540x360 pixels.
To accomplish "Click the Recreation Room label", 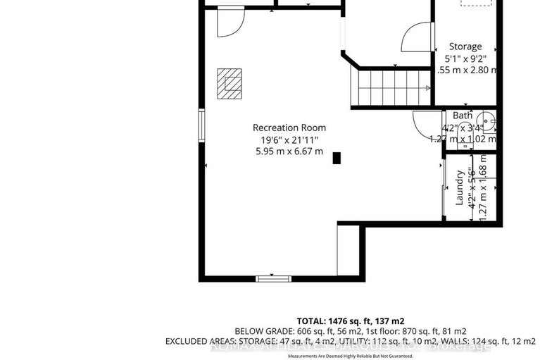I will coord(289,128).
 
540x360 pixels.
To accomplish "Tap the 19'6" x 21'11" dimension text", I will coord(289,139).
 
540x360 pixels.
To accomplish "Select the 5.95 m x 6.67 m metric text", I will coord(289,151).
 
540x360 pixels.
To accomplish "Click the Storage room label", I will coord(465,46).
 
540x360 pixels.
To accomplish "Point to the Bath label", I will coord(463,116).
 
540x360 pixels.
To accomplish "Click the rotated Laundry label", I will coord(459,187).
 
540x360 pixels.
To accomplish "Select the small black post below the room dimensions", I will coord(337,158).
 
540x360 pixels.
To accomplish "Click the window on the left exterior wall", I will coord(202,125).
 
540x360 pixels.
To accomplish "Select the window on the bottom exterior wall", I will coord(273,279).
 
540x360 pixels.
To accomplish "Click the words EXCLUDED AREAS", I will coord(200,341).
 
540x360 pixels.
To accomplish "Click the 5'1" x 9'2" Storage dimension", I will coord(465,58).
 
